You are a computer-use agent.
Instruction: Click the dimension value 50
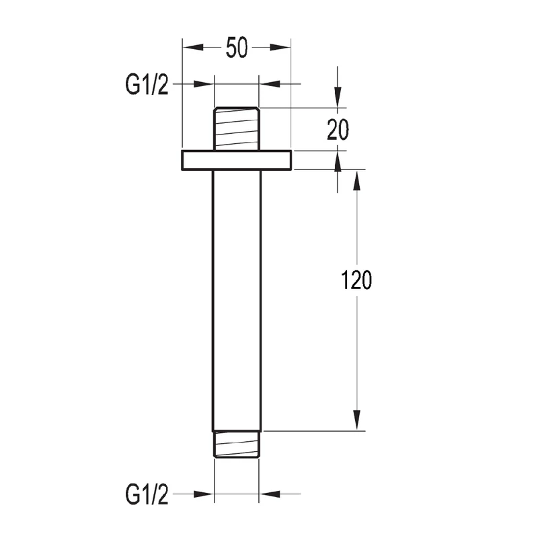tap(237, 47)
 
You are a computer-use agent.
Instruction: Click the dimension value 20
tap(338, 130)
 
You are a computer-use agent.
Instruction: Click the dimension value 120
tap(356, 280)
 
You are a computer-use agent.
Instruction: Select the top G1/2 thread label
tap(147, 85)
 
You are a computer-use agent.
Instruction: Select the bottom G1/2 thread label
tap(147, 494)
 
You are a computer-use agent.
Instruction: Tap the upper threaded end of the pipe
tap(237, 128)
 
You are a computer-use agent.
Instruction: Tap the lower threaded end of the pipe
tap(237, 445)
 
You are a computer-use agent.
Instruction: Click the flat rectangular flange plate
tap(237, 160)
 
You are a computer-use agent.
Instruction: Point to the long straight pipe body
tap(237, 301)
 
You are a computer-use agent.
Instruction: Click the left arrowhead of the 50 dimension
tap(193, 47)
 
